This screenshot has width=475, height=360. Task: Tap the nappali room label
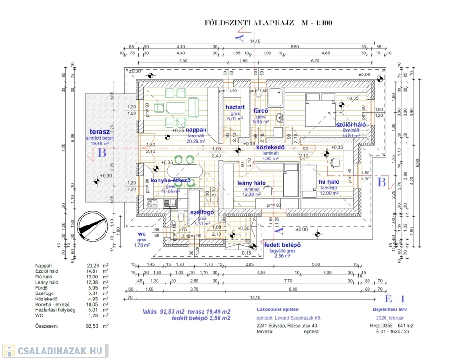click(x=196, y=129)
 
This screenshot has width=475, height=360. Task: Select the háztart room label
click(x=235, y=107)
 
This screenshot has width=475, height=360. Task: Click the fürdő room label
click(x=260, y=111)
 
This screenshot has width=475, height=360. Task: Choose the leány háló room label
click(x=252, y=182)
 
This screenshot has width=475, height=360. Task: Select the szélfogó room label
click(x=202, y=212)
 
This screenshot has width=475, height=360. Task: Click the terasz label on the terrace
click(x=99, y=132)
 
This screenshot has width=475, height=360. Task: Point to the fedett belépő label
click(x=282, y=245)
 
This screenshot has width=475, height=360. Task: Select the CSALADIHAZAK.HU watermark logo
click(x=55, y=350)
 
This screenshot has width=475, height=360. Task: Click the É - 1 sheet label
click(x=394, y=299)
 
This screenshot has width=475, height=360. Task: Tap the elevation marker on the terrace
click(x=97, y=180)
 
